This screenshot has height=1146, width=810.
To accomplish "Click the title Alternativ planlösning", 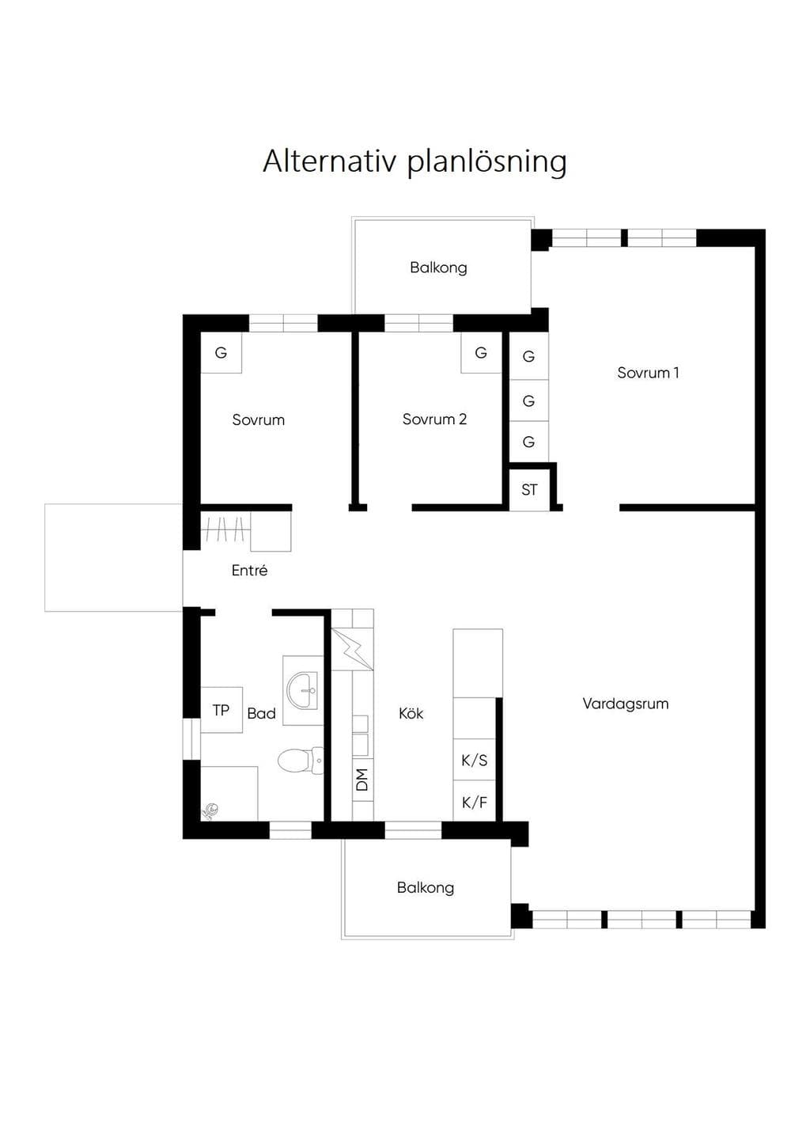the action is pos(414,162).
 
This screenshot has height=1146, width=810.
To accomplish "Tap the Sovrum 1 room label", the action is pos(648,373).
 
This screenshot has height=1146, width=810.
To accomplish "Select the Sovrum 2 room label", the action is pos(434,419).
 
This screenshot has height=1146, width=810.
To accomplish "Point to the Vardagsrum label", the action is pos(626,704).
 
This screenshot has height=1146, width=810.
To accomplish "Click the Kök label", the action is pos(411,713).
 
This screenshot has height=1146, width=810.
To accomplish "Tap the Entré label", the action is pos(249,570).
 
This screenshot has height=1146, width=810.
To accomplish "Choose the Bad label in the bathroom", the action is pos(261,713).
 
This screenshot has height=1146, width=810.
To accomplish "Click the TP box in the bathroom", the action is pos(221,710).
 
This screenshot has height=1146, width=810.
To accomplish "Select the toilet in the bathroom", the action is pos(300,760).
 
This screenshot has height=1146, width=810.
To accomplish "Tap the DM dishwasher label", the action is pos(362,780).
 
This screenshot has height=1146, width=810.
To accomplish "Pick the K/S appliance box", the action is pos(474,760).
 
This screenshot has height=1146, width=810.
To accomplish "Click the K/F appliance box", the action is pos(474,801).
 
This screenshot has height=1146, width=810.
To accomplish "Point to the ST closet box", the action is pos(529,490).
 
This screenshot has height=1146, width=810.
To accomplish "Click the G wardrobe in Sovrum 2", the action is pos(481,352).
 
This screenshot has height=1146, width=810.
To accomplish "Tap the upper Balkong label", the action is pos(438,268).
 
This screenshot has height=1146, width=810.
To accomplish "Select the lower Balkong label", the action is pos(426,887).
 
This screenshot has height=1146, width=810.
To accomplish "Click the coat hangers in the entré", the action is pos(225,529).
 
